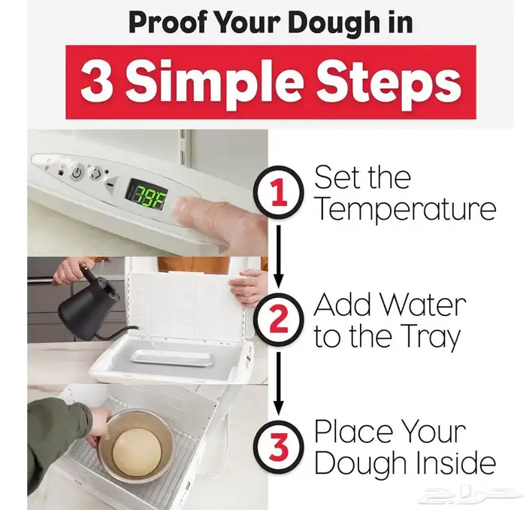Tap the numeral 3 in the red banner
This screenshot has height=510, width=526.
96,82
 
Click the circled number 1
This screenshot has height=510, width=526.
280,193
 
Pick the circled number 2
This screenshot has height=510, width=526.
279,319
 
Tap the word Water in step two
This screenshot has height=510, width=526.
424,305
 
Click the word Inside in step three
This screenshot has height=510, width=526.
457,463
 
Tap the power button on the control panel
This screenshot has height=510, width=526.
77,173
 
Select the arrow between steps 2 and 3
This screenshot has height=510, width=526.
279,383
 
